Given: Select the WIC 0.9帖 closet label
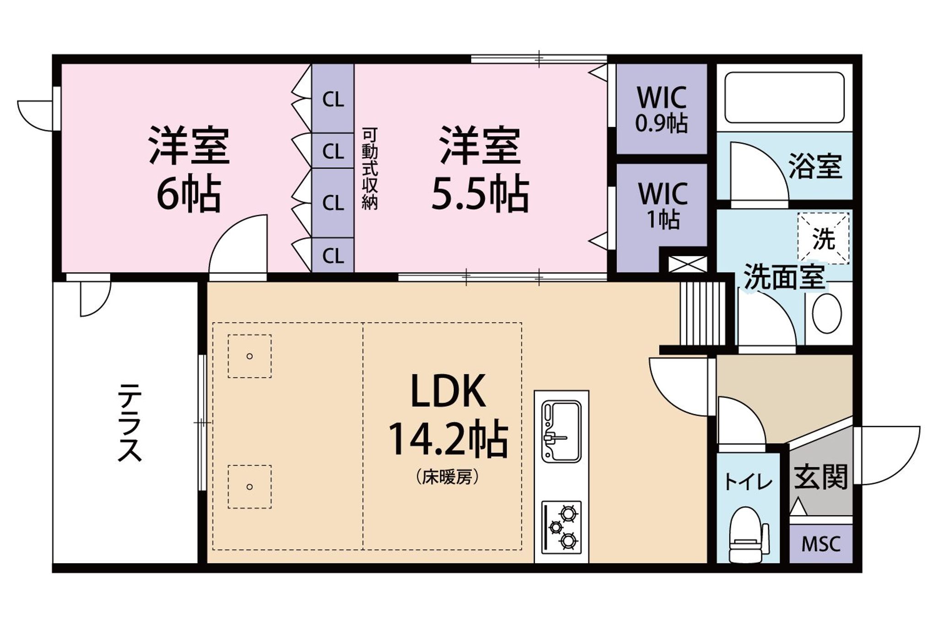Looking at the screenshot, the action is click(x=662, y=109).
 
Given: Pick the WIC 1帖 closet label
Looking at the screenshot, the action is click(x=663, y=206).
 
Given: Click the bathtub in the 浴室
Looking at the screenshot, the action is click(x=785, y=97).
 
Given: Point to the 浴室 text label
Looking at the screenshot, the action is click(x=815, y=166).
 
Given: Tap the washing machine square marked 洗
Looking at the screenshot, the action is click(x=824, y=239).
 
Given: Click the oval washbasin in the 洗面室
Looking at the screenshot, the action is click(x=827, y=314).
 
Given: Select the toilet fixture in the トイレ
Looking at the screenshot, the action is click(x=749, y=535).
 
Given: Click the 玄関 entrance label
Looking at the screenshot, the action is click(x=821, y=477).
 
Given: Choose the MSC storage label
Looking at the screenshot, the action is click(x=821, y=544).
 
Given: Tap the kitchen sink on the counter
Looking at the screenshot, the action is click(x=561, y=431).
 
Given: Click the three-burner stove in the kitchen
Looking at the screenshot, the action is click(x=561, y=526).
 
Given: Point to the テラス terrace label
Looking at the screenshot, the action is click(x=130, y=422).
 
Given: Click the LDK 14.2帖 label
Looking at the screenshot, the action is click(x=448, y=415).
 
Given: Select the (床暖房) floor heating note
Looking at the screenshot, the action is click(x=448, y=478).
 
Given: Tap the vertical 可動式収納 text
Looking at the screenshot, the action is click(x=370, y=169).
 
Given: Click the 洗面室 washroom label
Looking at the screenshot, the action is click(x=784, y=277).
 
